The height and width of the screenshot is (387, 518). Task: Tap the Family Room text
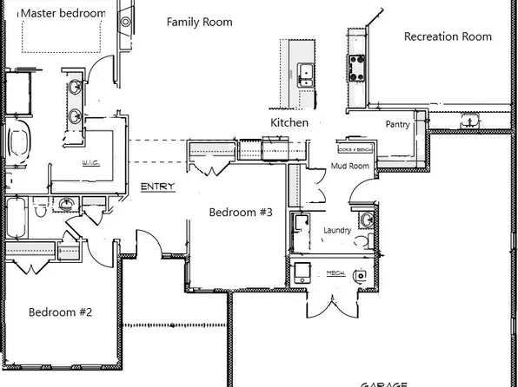click(x=199, y=22)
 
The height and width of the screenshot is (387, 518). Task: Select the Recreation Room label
click(x=448, y=36)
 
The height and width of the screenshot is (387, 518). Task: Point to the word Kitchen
click(x=289, y=123)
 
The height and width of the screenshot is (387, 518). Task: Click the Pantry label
click(x=397, y=125)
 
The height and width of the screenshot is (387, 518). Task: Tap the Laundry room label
click(x=336, y=230)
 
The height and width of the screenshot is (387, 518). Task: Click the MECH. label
click(x=336, y=273)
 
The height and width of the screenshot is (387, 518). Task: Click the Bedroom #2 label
click(x=60, y=312)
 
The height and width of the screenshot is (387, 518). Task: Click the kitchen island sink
click(x=305, y=73)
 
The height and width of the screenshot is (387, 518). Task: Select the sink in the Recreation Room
click(x=470, y=120)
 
